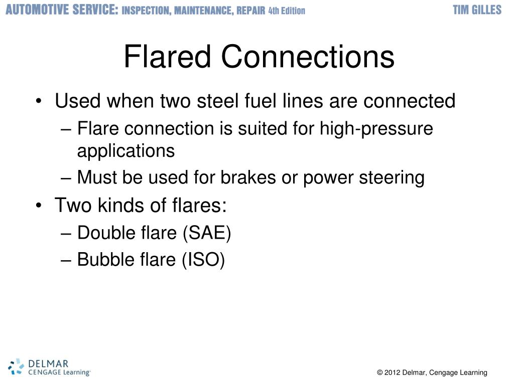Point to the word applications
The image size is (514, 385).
click(126, 150)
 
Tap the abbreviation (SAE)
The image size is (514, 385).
click(207, 233)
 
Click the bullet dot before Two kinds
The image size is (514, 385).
click(39, 206)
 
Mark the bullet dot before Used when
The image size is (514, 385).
click(39, 102)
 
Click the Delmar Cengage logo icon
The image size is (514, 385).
click(16, 366)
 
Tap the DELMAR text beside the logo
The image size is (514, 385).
click(48, 363)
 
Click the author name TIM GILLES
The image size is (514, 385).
click(477, 10)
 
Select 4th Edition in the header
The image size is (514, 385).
click(287, 11)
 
